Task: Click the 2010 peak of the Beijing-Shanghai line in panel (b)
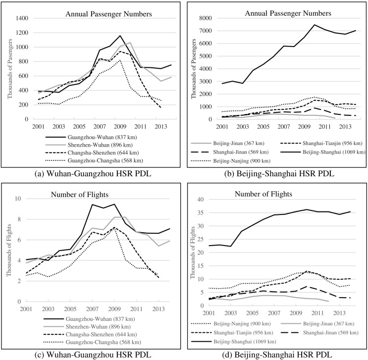click(x=314, y=25)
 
